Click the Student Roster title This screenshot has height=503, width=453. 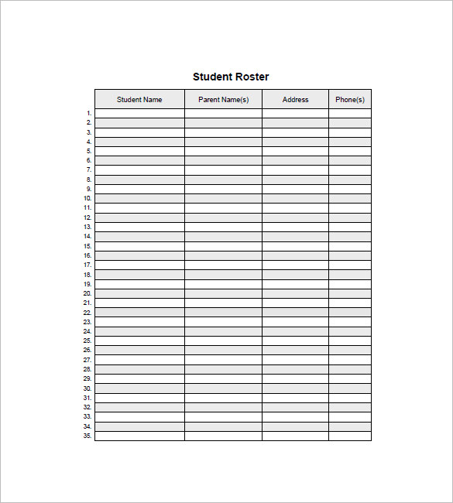pos(231,77)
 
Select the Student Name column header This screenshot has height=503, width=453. pos(139,100)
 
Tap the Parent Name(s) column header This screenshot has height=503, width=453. pos(223,100)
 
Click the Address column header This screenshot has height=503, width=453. pos(295,100)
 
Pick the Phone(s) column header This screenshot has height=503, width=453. pos(350,100)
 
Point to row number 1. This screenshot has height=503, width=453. pos(88,114)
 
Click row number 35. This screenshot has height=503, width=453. pos(87,436)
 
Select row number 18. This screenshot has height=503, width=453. pos(87,275)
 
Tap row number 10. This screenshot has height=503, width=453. pos(87,199)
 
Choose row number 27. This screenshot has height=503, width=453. pos(87,360)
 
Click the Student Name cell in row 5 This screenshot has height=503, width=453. pos(139,152)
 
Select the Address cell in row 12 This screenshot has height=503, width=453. pos(295,217)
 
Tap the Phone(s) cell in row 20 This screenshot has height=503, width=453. pos(350,293)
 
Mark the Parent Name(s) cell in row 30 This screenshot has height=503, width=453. pos(223,388)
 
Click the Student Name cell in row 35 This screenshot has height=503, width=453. pos(139,436)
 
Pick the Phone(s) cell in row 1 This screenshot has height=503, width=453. pos(350,114)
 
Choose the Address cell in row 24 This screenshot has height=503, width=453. pos(295,331)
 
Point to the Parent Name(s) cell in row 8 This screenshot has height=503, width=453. pos(223,180)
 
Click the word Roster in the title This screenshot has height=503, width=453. pos(252,77)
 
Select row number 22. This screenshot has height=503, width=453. pos(87,313)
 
